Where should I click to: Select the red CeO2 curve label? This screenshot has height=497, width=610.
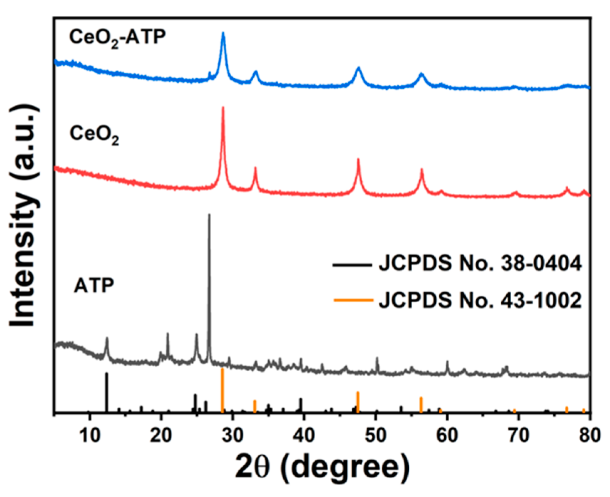pos(94,135)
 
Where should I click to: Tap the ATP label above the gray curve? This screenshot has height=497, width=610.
pos(94,286)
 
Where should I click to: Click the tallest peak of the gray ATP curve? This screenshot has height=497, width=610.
pos(209,215)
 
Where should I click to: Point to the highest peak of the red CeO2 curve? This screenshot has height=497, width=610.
pos(223,108)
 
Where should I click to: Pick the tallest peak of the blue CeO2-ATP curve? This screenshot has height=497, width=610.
pos(223,33)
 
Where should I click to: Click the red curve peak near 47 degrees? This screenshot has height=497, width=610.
pos(358,160)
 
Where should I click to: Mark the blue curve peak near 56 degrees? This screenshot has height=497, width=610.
pos(422,74)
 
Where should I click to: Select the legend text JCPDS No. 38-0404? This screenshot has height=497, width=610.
pos(480,264)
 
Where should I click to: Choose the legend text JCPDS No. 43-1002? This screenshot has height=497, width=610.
pos(480,300)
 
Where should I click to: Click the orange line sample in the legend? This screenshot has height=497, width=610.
pos(353,300)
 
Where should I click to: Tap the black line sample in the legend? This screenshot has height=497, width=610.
pos(352,265)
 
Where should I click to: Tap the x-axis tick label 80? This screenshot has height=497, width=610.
pos(589,435)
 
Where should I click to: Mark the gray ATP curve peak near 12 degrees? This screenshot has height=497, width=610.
pos(107,338)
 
